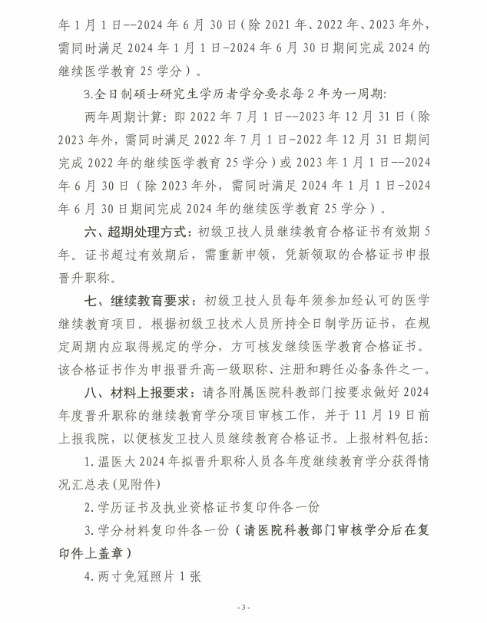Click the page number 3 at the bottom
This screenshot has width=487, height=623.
[243, 608]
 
